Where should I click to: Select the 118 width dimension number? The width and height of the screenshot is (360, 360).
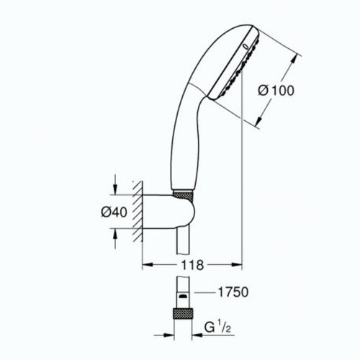pos(190,265)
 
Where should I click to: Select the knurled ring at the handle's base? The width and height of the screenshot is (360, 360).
pos(184,194)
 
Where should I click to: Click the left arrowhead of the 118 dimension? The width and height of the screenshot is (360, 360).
pos(147,265)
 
